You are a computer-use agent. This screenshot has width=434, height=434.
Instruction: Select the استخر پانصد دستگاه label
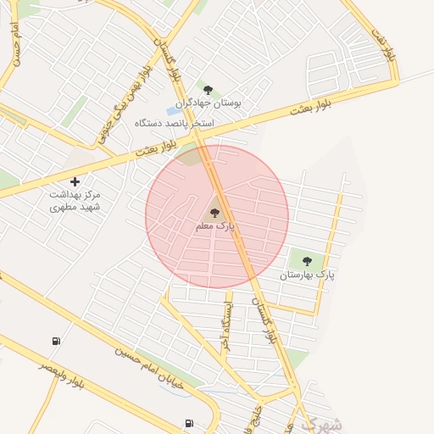pos(174,124)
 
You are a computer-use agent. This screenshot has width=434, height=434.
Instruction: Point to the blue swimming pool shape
pos(174,110)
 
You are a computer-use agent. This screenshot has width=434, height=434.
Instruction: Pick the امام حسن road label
pos(14,47)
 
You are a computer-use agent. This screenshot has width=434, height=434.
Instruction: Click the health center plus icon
pos(75,181)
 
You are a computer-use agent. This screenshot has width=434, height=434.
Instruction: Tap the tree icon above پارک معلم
pos(214,213)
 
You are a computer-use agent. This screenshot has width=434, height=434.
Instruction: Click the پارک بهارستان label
pos(308,275)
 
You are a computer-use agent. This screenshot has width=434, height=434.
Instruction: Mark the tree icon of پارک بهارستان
pos(307,261)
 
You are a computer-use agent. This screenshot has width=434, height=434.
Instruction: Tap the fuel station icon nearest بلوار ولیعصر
pos(56,342)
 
